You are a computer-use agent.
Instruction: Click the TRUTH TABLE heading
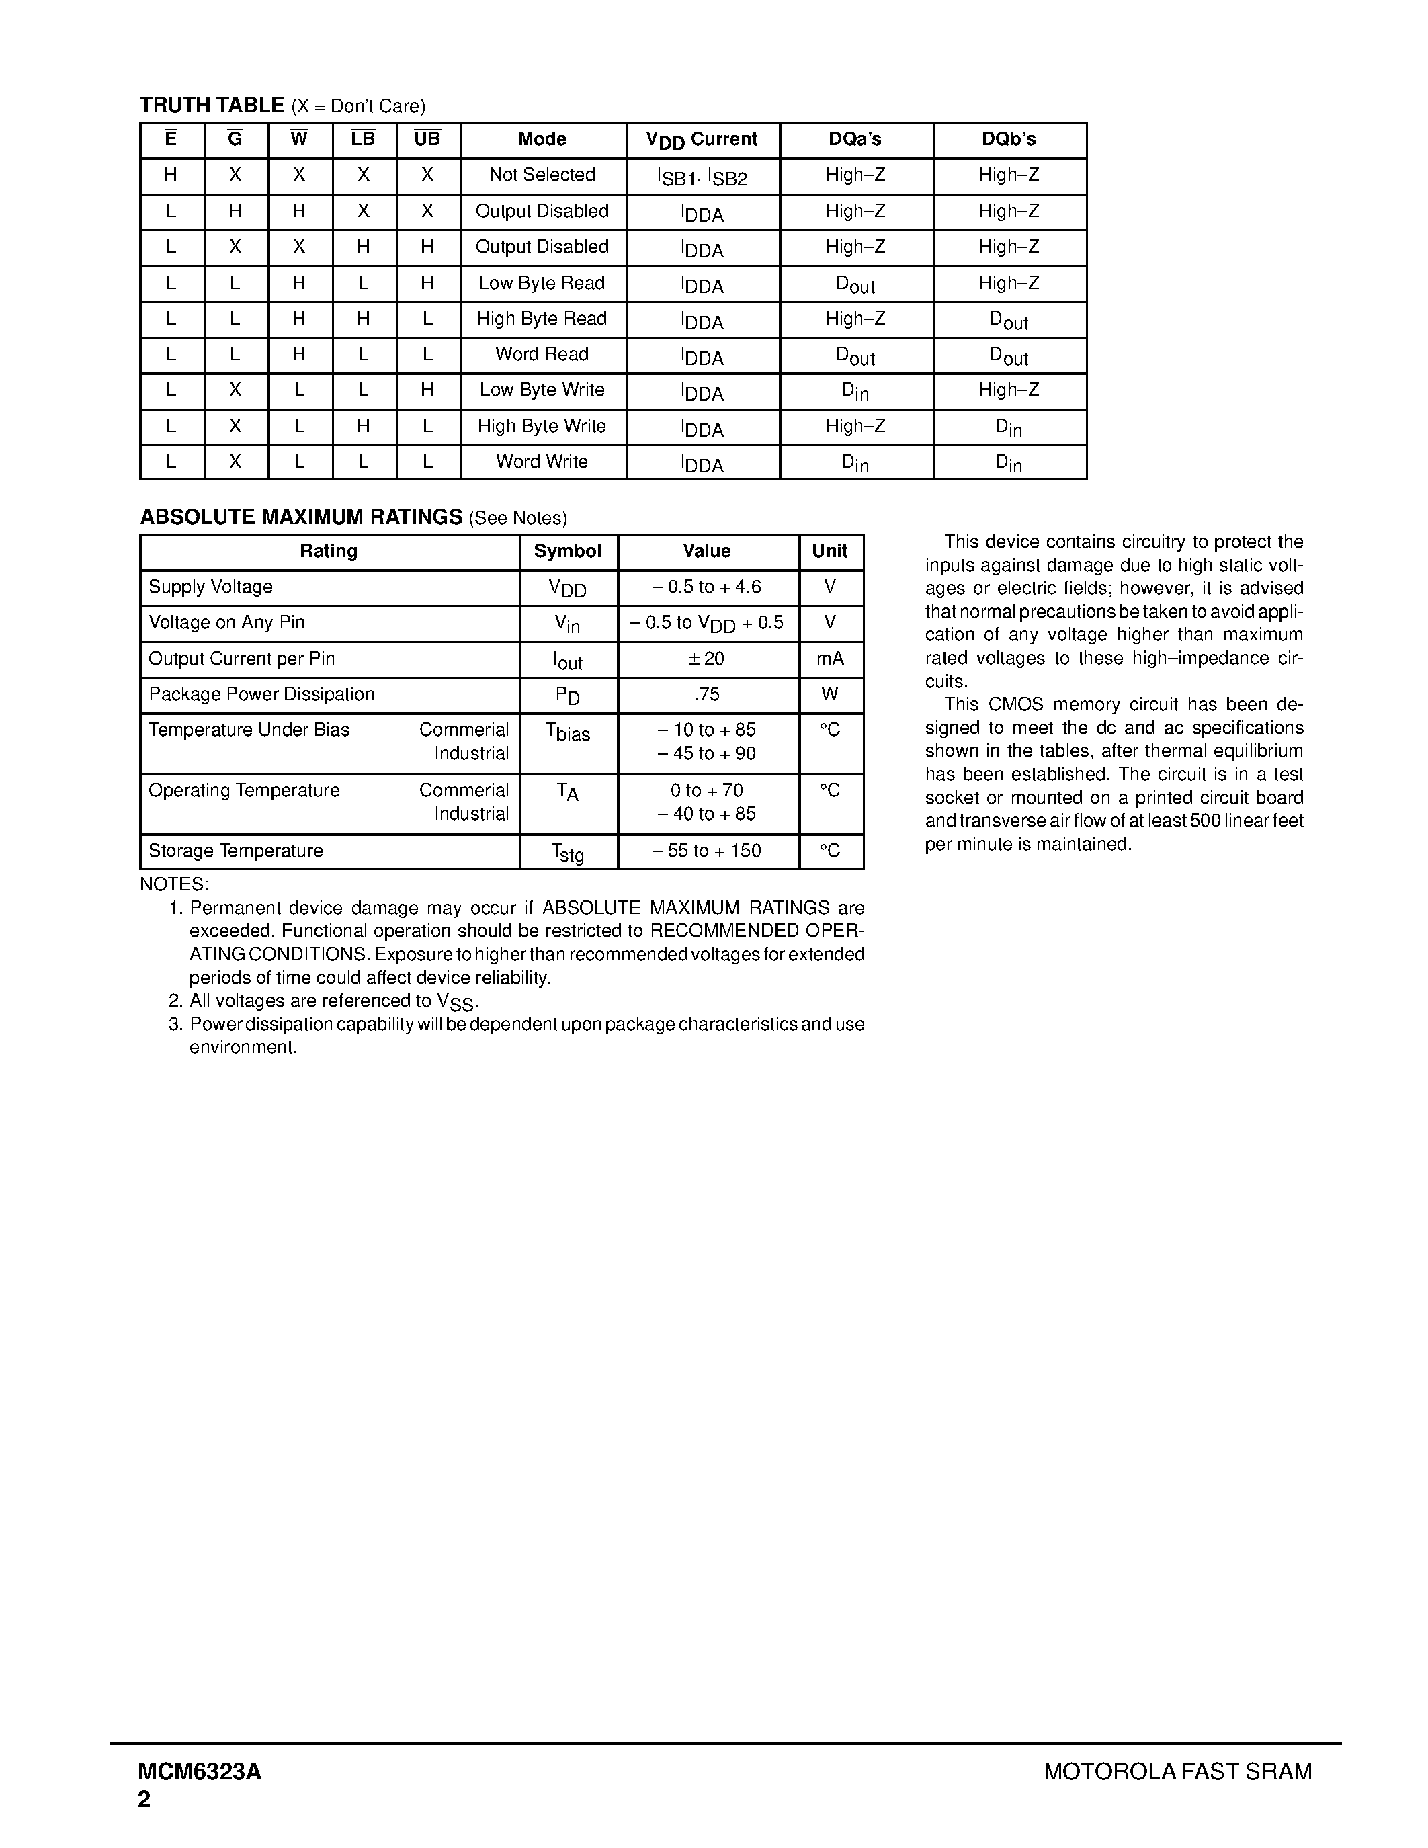point(212,105)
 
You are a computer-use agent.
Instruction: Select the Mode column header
point(542,140)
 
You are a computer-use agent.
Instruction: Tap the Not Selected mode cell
point(542,175)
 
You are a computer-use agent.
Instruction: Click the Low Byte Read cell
point(542,283)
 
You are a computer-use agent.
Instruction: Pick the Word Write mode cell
point(542,462)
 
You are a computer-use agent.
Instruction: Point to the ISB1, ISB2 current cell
point(702,177)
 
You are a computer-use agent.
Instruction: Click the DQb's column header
point(1009,140)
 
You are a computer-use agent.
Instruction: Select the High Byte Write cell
point(542,427)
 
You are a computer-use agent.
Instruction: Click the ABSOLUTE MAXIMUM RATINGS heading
point(301,517)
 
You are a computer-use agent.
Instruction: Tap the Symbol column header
point(568,552)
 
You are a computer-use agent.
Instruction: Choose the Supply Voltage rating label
point(210,587)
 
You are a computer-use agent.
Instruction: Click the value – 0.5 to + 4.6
point(707,587)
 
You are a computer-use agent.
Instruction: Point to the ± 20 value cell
point(707,659)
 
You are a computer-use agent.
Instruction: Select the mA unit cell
point(830,659)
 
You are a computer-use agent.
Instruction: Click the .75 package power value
point(707,695)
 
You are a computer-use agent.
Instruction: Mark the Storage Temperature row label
point(236,851)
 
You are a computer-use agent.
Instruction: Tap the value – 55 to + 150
point(707,851)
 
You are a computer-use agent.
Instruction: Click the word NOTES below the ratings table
point(174,884)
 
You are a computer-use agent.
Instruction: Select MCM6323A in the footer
point(200,1772)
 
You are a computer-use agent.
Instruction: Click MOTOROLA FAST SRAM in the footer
point(1177,1772)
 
